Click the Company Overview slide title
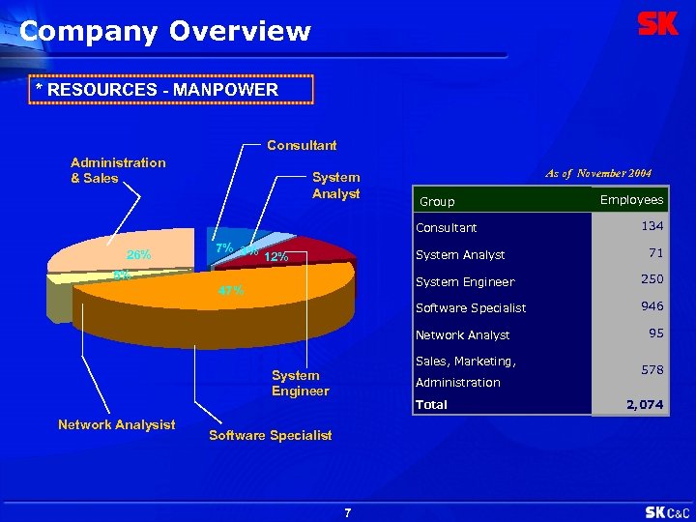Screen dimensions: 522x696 pyautogui.click(x=165, y=31)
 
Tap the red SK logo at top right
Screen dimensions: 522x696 pyautogui.click(x=658, y=24)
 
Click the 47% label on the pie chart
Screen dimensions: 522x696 pyautogui.click(x=230, y=290)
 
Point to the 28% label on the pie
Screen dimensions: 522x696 pyautogui.click(x=138, y=255)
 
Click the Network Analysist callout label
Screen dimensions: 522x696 pyautogui.click(x=117, y=424)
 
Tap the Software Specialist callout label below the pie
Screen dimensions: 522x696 pyautogui.click(x=271, y=435)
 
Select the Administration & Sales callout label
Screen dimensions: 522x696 pyautogui.click(x=118, y=170)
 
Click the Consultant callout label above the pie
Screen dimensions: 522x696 pyautogui.click(x=302, y=145)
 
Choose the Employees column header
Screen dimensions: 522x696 pyautogui.click(x=631, y=199)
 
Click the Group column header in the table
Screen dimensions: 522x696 pyautogui.click(x=436, y=202)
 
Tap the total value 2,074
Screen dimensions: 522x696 pyautogui.click(x=644, y=405)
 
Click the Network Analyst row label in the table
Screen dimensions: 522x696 pyautogui.click(x=462, y=335)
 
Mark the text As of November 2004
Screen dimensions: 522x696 pyautogui.click(x=598, y=173)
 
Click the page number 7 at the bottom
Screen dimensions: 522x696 pyautogui.click(x=348, y=512)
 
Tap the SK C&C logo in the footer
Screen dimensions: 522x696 pyautogui.click(x=667, y=511)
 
